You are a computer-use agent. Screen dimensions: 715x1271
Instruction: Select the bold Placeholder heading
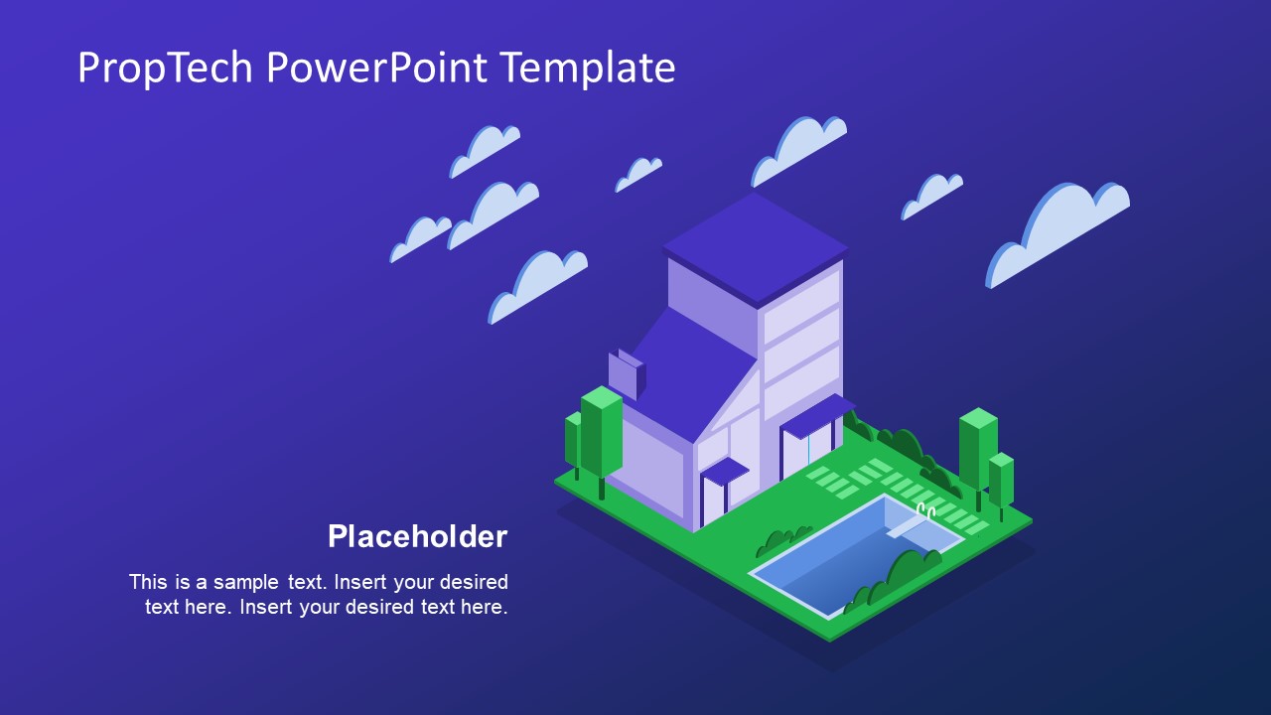tap(417, 536)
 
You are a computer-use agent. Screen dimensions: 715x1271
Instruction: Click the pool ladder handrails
tap(924, 511)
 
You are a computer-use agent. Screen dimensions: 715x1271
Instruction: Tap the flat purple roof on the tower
tap(755, 243)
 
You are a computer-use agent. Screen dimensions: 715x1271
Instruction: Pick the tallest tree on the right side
tap(977, 447)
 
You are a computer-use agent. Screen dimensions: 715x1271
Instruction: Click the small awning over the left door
tap(725, 471)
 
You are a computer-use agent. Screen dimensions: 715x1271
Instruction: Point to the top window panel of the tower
tap(802, 294)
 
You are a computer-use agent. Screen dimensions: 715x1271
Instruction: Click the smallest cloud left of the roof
tap(638, 174)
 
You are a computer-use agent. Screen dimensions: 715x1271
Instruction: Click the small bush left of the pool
tap(783, 541)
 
